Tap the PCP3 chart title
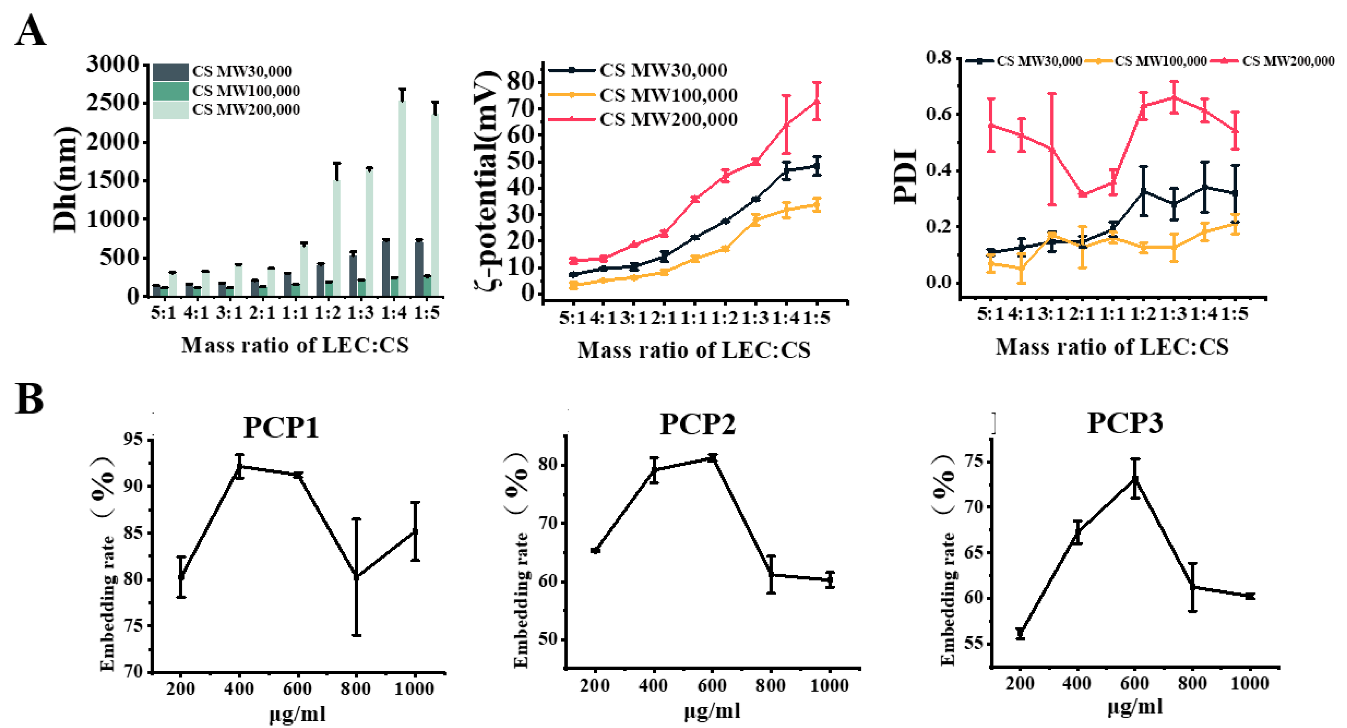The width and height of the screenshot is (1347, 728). pyautogui.click(x=1125, y=423)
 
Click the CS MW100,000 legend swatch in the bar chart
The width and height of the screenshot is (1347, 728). pyautogui.click(x=170, y=91)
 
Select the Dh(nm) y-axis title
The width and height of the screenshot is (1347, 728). pyautogui.click(x=65, y=179)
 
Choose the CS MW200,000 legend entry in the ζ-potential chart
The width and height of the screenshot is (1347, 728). pyautogui.click(x=668, y=120)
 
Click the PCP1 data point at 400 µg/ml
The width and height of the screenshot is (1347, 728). pyautogui.click(x=240, y=466)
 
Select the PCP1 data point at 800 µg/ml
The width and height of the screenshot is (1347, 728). pyautogui.click(x=357, y=576)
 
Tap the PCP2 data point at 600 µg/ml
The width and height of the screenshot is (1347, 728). pyautogui.click(x=712, y=458)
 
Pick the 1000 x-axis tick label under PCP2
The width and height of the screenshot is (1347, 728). pyautogui.click(x=829, y=685)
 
